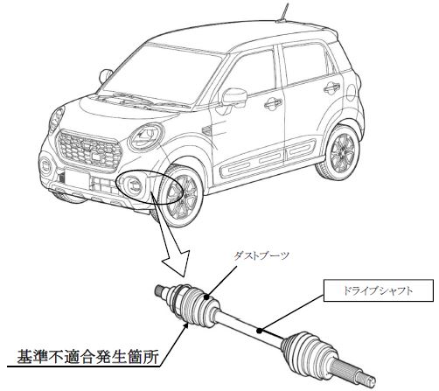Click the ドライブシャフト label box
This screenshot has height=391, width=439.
pos(378,290)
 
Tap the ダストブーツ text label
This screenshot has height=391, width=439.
pos(261,255)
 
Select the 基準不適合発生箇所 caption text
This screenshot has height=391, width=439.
pos(87,356)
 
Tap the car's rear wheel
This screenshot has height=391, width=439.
pos(340,151)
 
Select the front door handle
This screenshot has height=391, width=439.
pos(273,103)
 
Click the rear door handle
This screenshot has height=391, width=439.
pos(331,87)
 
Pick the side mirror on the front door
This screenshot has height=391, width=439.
pos(233,97)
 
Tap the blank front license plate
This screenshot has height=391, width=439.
pos(77,179)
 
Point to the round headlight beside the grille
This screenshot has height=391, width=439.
pos(146,137)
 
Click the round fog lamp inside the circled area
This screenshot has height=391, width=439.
pos(134,185)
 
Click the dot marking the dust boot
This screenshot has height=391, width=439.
pos(207,297)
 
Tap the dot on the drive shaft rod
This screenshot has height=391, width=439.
pos(259,331)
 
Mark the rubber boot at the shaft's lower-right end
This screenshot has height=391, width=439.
pos(309,350)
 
